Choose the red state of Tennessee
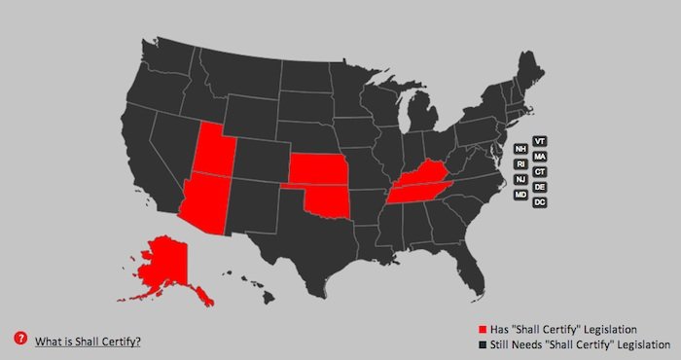coord(413,192)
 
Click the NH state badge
coord(521,149)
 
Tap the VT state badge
coord(540,141)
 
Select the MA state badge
coord(540,157)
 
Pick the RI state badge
coord(521,164)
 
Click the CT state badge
coord(540,171)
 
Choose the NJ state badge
coord(521,179)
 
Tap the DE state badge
coord(540,186)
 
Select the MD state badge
coord(521,195)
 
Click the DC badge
coord(540,201)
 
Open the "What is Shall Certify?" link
coord(89,341)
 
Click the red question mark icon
coord(19,339)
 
